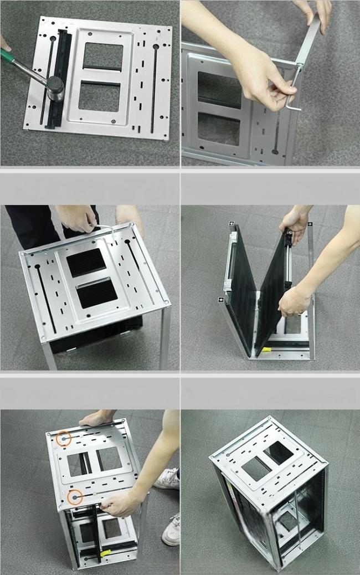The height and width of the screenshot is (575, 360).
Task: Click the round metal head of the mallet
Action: pyautogui.click(x=56, y=87)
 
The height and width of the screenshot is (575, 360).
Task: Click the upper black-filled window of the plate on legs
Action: pyautogui.click(x=86, y=262)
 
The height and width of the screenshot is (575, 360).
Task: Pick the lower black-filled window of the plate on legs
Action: pyautogui.click(x=96, y=294)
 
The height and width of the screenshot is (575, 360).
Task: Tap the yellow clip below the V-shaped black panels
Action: pyautogui.click(x=266, y=350)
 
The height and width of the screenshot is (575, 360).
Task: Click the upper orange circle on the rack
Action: pyautogui.click(x=64, y=439)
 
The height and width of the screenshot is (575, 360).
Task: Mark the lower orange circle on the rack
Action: pyautogui.click(x=75, y=497)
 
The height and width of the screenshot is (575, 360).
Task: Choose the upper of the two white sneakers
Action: pyautogui.click(x=167, y=479)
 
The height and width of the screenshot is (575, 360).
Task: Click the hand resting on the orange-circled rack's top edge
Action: pyautogui.click(x=96, y=419)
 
